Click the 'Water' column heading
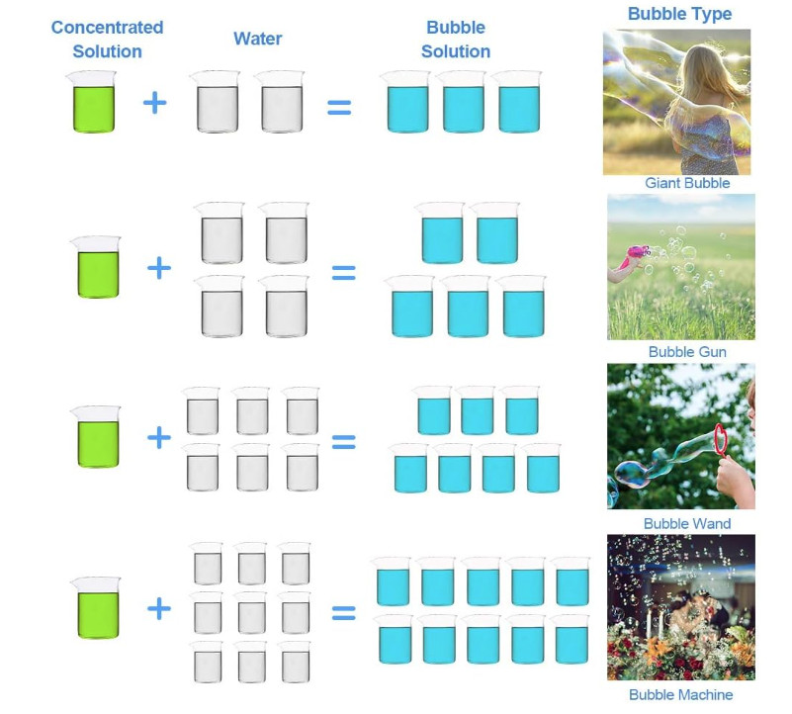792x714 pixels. click(258, 39)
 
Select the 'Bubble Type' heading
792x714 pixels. click(679, 14)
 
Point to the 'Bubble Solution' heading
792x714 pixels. click(456, 40)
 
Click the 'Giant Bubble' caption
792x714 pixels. click(687, 183)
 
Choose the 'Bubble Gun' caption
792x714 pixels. click(687, 352)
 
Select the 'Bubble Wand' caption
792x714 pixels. click(687, 523)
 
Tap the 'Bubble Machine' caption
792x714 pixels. click(681, 695)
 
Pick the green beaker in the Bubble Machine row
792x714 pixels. click(97, 608)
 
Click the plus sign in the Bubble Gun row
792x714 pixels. click(159, 268)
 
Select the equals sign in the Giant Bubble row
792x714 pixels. click(339, 107)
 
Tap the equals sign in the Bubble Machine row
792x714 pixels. click(343, 613)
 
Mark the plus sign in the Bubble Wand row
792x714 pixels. click(159, 437)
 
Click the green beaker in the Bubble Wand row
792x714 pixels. click(97, 437)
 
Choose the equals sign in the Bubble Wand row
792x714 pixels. click(343, 442)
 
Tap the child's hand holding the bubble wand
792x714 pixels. click(733, 474)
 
